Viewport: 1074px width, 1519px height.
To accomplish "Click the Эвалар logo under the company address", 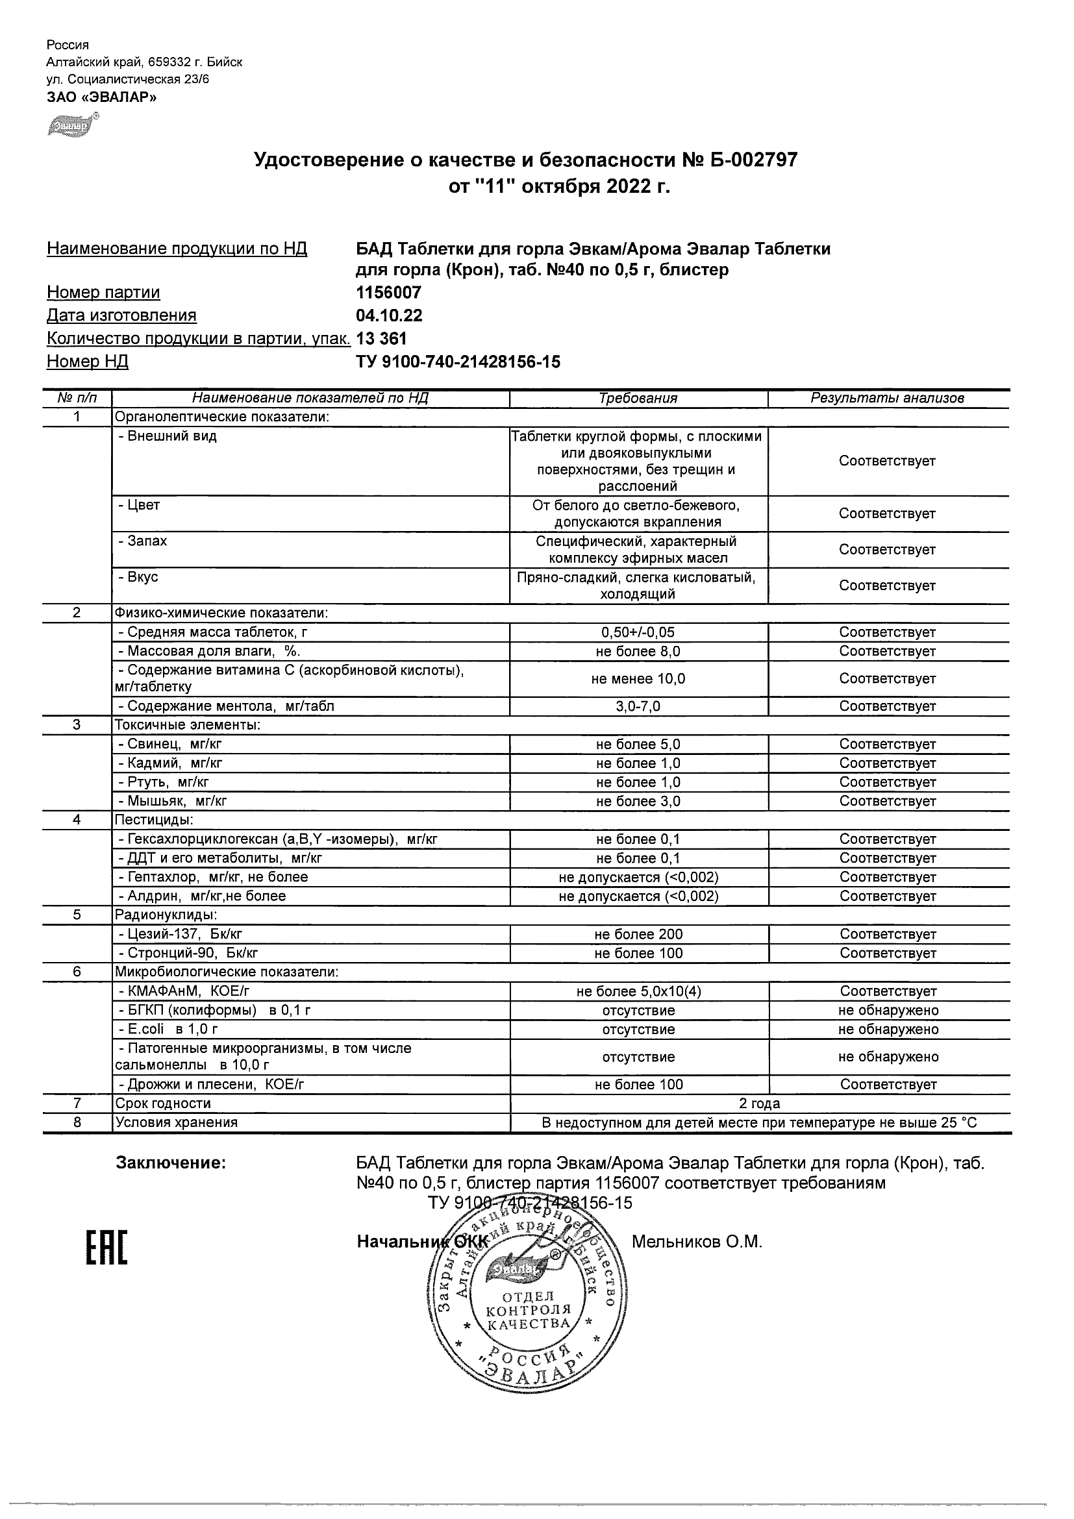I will [72, 125].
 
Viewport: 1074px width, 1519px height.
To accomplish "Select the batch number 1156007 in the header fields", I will [388, 292].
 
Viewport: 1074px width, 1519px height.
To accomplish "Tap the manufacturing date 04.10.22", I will [389, 315].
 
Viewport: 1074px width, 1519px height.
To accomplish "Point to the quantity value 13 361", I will [381, 339].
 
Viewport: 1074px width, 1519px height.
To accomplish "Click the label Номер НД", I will [88, 362].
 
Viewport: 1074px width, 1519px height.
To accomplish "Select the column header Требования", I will [638, 399].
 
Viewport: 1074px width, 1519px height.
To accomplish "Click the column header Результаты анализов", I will [887, 399].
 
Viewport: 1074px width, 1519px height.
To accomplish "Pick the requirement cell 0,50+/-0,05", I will [638, 632].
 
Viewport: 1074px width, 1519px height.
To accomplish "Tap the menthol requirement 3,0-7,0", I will [638, 706].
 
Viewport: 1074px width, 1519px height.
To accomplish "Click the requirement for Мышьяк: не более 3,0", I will [638, 802].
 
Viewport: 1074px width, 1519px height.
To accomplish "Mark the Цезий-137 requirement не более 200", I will [638, 935].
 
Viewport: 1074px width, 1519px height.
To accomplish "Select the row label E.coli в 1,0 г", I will [168, 1030].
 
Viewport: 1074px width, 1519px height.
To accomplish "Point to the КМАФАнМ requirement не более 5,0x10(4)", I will [638, 992].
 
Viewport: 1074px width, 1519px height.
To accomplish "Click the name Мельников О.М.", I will [697, 1242].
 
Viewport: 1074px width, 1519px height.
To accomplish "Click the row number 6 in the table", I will [77, 972].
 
